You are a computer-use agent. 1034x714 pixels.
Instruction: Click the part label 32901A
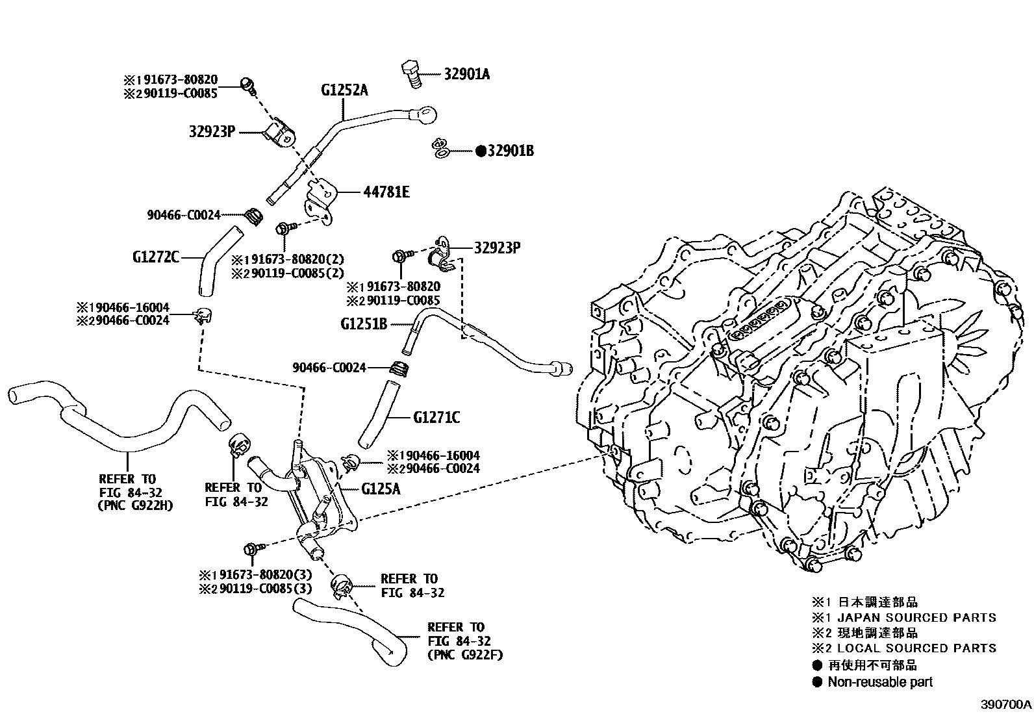click(x=466, y=73)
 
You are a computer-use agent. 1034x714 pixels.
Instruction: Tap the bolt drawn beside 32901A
click(x=410, y=73)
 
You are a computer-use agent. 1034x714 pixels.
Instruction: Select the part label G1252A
click(x=344, y=90)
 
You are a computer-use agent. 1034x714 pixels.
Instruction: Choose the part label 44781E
click(x=387, y=192)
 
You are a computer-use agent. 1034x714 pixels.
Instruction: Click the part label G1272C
click(x=155, y=257)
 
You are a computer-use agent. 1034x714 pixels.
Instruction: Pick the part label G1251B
click(x=364, y=323)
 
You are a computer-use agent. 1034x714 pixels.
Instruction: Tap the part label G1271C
click(x=436, y=417)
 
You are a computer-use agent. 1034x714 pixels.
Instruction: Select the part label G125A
click(x=381, y=489)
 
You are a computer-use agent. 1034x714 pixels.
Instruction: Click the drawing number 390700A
click(x=1005, y=704)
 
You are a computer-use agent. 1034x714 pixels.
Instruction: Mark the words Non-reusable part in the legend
click(x=879, y=682)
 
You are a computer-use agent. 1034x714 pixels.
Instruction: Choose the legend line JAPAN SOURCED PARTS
click(x=916, y=617)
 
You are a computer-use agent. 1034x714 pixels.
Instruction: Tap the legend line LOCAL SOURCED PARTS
click(x=916, y=648)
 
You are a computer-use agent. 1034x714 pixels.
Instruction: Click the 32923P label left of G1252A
click(x=211, y=131)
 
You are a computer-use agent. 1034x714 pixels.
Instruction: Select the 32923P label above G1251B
click(x=498, y=248)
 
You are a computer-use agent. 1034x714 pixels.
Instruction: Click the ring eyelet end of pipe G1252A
click(x=425, y=116)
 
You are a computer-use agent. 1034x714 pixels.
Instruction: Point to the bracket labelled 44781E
click(x=321, y=201)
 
